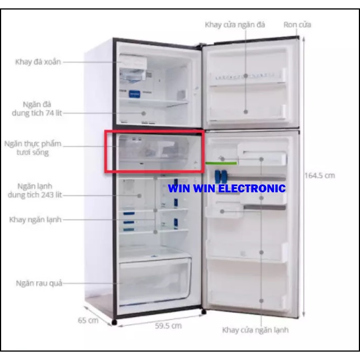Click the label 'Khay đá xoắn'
pyautogui.click(x=37, y=62)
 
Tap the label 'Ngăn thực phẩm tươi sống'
pyautogui.click(x=34, y=148)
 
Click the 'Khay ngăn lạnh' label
pyautogui.click(x=35, y=220)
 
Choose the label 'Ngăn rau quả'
pyautogui.click(x=39, y=283)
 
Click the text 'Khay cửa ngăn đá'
pyautogui.click(x=235, y=25)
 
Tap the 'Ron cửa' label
pyautogui.click(x=297, y=25)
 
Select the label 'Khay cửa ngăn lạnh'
pyautogui.click(x=255, y=330)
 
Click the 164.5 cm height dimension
pyautogui.click(x=319, y=176)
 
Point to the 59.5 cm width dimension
pyautogui.click(x=168, y=326)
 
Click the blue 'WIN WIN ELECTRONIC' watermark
pyautogui.click(x=226, y=189)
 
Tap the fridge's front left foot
pyautogui.click(x=115, y=323)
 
